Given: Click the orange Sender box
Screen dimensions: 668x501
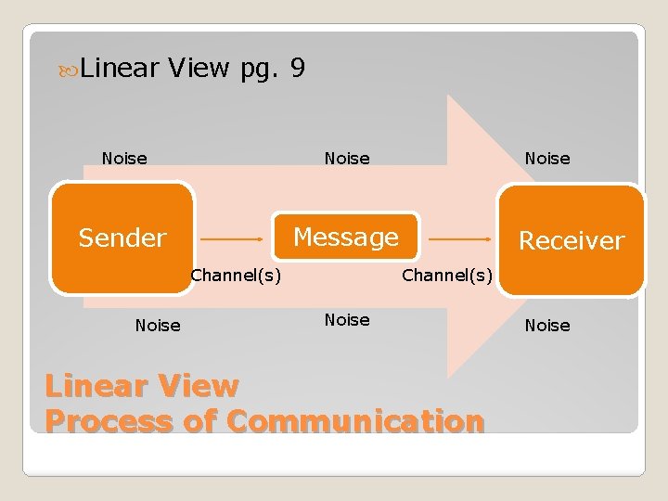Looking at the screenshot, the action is click(x=122, y=238).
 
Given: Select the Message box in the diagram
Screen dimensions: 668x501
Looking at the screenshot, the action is click(x=345, y=238).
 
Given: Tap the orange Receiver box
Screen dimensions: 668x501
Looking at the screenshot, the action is click(x=572, y=240).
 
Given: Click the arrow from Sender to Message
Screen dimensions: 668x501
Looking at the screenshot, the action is click(x=232, y=238).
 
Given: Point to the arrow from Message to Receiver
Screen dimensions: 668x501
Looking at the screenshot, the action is click(x=459, y=238).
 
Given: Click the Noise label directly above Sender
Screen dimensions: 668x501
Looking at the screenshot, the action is click(x=124, y=159).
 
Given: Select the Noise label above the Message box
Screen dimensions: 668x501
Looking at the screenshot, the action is click(x=347, y=159).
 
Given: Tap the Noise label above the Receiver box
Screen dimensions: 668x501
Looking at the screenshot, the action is click(x=547, y=159).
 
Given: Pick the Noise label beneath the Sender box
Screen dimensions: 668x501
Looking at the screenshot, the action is click(x=158, y=325).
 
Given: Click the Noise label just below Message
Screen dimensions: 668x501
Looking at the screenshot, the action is click(x=347, y=320).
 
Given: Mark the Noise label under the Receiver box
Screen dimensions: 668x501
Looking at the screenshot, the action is click(x=547, y=325).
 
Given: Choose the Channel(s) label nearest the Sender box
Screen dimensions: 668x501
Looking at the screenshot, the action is click(x=236, y=275).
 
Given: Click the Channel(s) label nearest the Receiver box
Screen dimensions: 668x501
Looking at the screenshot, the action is click(x=446, y=275).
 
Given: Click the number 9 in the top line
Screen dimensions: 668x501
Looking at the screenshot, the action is click(x=297, y=68).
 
